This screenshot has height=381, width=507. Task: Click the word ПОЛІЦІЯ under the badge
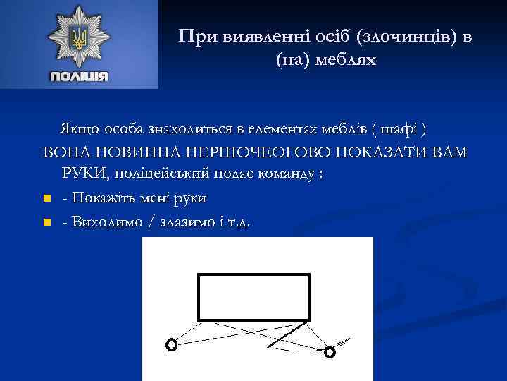pyautogui.click(x=78, y=75)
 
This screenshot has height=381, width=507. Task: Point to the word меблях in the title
pyautogui.click(x=343, y=60)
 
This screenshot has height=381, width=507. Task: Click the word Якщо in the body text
pyautogui.click(x=80, y=130)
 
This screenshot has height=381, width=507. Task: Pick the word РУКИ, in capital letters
pyautogui.click(x=86, y=175)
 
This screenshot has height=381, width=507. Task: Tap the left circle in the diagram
pyautogui.click(x=170, y=344)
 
